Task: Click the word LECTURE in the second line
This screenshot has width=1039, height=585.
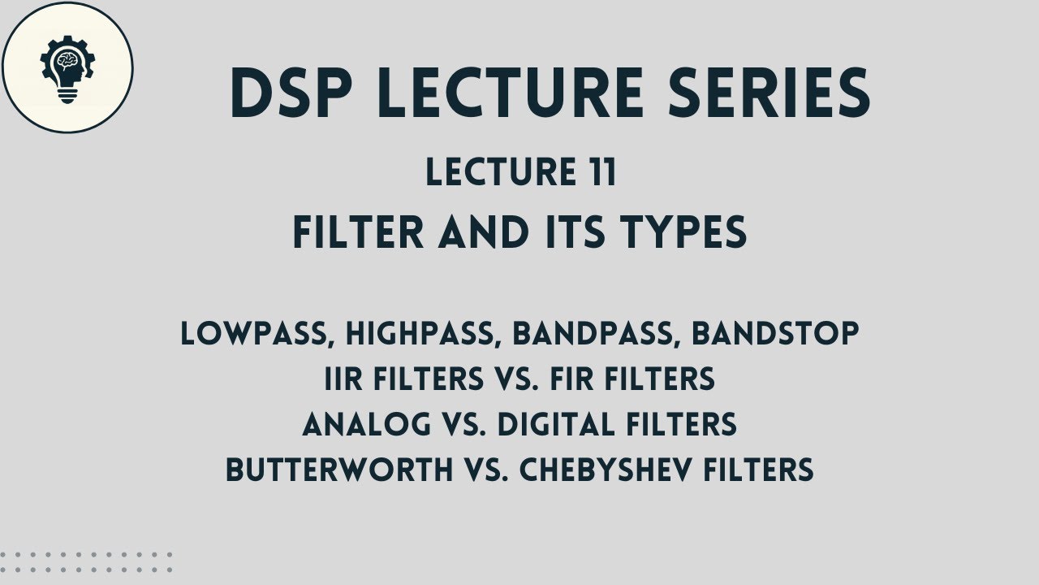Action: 498,174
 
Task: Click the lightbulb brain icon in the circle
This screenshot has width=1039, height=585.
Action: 65,71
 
